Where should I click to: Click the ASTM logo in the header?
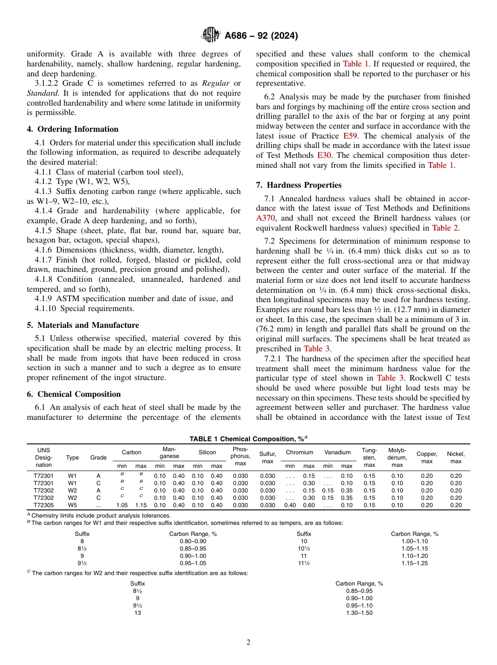[211, 36]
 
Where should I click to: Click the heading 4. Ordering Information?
[73, 129]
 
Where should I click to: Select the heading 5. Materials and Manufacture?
[83, 325]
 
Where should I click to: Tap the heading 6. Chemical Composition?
[74, 394]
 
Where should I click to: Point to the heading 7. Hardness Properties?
[299, 185]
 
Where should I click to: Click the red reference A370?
[266, 218]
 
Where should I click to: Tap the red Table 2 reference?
[445, 228]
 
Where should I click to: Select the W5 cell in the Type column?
[72, 505]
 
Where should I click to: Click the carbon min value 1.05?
[122, 505]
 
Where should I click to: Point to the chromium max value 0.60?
[309, 505]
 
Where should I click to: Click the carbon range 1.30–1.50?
[359, 613]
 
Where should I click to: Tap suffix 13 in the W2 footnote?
[138, 613]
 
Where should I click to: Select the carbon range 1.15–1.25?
[415, 563]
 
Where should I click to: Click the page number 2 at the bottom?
[249, 643]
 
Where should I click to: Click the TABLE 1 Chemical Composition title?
[249, 439]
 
